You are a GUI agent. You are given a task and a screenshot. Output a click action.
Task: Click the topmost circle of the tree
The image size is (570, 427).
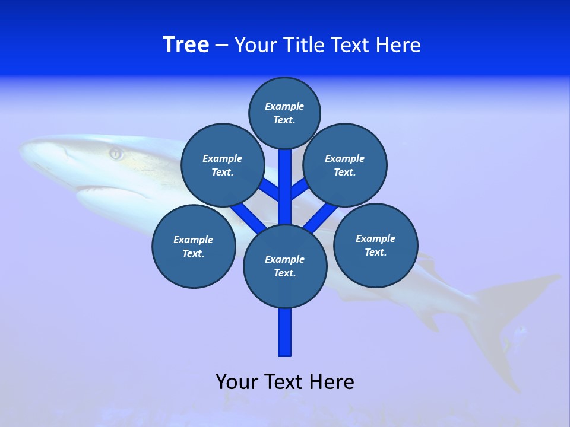pyautogui.click(x=284, y=113)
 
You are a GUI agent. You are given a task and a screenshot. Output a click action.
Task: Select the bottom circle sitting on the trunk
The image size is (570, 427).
pyautogui.click(x=285, y=266)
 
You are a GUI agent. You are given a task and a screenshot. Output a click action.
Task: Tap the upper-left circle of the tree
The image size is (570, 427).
pyautogui.click(x=222, y=165)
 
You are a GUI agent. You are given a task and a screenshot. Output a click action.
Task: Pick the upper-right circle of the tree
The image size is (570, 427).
pyautogui.click(x=345, y=165)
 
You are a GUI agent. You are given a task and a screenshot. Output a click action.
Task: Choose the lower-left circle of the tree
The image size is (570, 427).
pyautogui.click(x=194, y=246)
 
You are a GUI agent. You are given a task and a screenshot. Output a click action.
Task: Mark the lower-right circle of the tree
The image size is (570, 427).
pyautogui.click(x=375, y=245)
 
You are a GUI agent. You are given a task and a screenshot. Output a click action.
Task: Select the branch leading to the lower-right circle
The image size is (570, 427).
pyautogui.click(x=319, y=218)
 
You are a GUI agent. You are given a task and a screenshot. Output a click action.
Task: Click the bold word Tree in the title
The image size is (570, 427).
pyautogui.click(x=186, y=44)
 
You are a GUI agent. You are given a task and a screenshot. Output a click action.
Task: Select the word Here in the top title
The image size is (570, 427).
pyautogui.click(x=399, y=44)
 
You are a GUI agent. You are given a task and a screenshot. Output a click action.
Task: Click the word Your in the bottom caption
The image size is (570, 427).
pyautogui.click(x=237, y=381)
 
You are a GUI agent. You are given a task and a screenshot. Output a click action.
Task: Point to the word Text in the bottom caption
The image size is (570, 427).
pyautogui.click(x=286, y=381)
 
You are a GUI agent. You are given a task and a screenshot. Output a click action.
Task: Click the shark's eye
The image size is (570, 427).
pyautogui.click(x=116, y=154)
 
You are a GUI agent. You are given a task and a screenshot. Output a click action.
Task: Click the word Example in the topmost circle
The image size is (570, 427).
pyautogui.click(x=284, y=106)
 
